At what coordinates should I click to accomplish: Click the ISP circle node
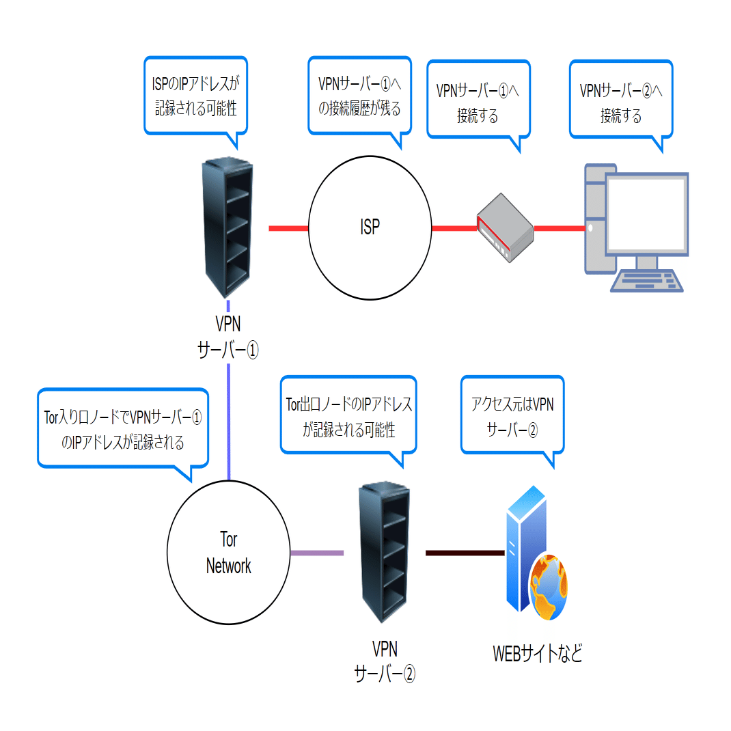tap(370, 228)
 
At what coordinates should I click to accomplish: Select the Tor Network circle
tap(228, 553)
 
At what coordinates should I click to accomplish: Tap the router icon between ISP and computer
tap(505, 228)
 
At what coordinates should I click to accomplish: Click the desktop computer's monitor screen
tap(646, 213)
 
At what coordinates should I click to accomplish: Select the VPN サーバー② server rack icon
tap(384, 552)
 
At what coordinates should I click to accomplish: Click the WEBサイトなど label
tap(538, 654)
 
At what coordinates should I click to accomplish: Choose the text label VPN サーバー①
tap(227, 336)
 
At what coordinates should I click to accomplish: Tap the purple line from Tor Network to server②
tap(317, 552)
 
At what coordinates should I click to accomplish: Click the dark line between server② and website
tap(465, 552)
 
